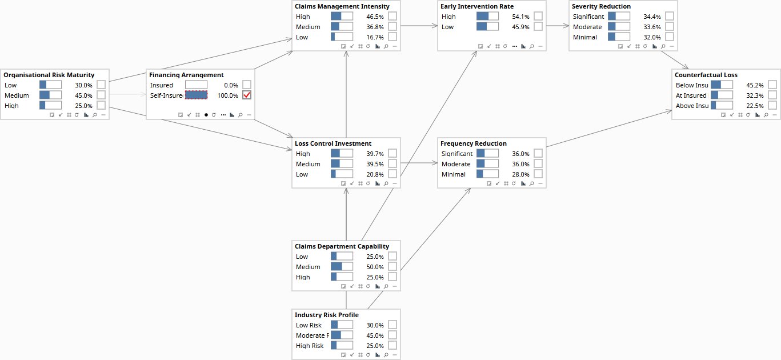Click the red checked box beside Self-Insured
tap(247, 95)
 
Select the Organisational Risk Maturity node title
tap(49, 75)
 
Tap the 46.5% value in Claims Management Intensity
tap(375, 17)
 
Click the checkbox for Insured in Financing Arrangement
tap(247, 85)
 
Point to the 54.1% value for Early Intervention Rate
tap(520, 17)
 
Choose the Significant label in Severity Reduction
tap(588, 17)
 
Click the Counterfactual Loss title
tap(706, 75)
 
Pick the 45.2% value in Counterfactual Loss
tap(755, 85)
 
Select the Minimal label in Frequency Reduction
tap(453, 174)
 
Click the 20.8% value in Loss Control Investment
tap(375, 174)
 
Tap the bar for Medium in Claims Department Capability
tap(342, 266)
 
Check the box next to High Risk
tap(392, 345)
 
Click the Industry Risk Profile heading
tap(327, 315)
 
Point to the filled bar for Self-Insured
tap(197, 95)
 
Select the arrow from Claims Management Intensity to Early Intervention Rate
tap(419, 26)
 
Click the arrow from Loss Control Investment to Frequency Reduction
tap(419, 162)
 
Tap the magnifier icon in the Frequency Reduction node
tap(531, 183)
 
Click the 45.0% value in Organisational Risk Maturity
tap(83, 95)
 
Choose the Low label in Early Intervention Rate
tap(447, 27)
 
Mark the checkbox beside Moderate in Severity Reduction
tap(670, 26)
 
